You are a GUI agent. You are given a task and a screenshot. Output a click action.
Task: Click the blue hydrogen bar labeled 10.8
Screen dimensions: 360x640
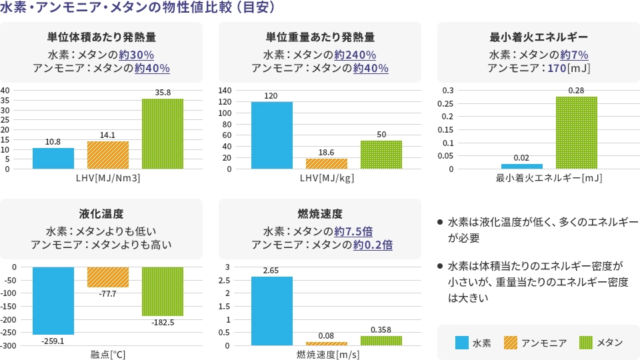53,158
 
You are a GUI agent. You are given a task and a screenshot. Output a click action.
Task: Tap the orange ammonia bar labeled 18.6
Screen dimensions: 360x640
327,163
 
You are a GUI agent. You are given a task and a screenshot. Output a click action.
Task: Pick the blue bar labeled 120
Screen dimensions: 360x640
272,135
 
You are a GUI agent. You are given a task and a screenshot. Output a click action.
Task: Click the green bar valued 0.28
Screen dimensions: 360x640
577,133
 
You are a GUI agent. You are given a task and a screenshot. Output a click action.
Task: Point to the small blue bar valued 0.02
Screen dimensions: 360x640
522,166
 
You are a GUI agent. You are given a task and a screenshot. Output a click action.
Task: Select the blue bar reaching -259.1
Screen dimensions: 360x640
53,300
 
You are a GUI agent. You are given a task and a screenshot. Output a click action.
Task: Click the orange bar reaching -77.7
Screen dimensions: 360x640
108,277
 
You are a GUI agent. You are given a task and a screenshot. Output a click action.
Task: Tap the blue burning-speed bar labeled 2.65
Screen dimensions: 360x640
272,311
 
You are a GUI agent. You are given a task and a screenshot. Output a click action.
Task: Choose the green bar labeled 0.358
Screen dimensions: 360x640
381,341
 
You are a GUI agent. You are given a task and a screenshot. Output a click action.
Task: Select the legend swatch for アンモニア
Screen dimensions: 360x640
510,343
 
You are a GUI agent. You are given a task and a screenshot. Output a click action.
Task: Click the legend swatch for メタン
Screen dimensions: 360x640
586,343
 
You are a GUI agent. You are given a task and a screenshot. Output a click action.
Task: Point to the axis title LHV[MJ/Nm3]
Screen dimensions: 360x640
108,179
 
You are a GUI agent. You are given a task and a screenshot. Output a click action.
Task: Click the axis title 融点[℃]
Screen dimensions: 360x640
108,355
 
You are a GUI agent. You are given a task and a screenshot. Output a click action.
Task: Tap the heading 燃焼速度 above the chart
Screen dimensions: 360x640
320,214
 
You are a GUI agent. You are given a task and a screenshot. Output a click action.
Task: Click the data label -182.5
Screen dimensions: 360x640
163,322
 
